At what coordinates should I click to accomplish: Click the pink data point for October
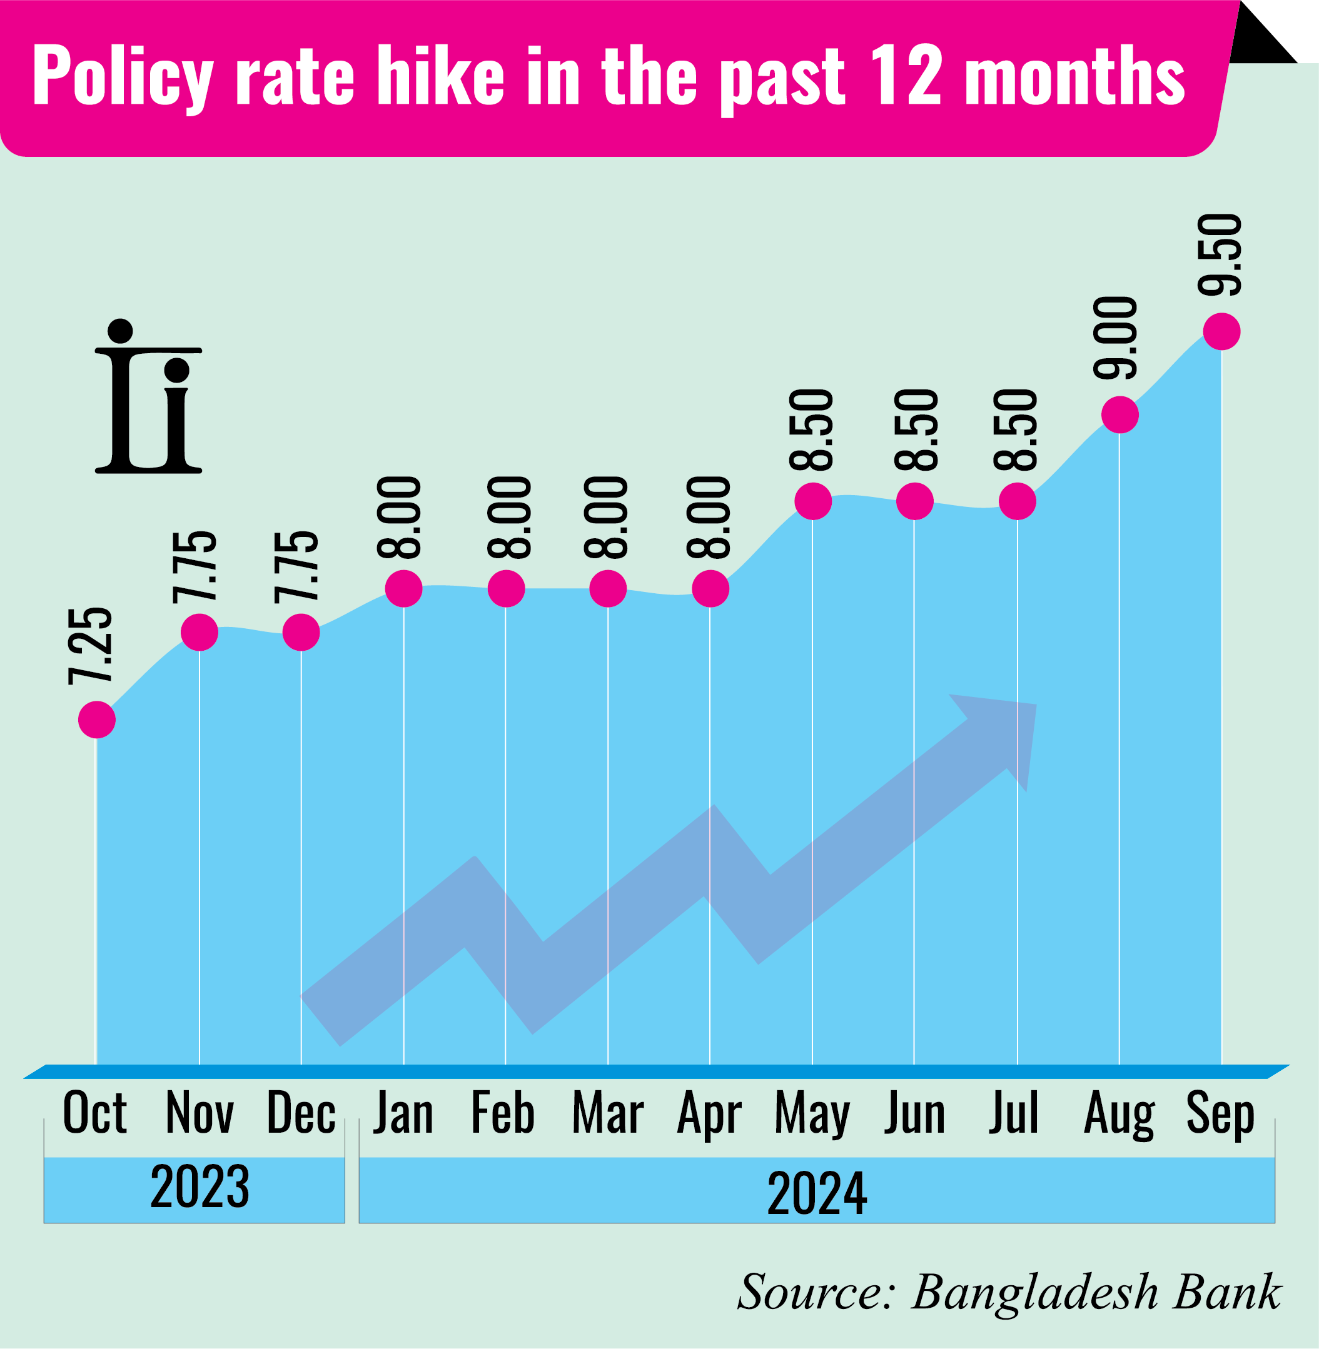coord(96,720)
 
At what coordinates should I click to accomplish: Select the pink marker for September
coord(1221,332)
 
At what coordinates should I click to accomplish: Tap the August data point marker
coord(1119,416)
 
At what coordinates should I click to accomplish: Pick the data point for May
coord(812,501)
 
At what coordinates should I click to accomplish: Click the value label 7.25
coord(91,646)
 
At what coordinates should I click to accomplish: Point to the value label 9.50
coord(1221,256)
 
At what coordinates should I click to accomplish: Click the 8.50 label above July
coord(1016,430)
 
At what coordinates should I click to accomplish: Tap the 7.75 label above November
coord(195,567)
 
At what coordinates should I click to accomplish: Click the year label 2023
coord(200,1187)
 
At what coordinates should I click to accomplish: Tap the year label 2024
coord(817,1193)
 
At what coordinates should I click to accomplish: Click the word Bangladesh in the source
coord(1035,1292)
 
